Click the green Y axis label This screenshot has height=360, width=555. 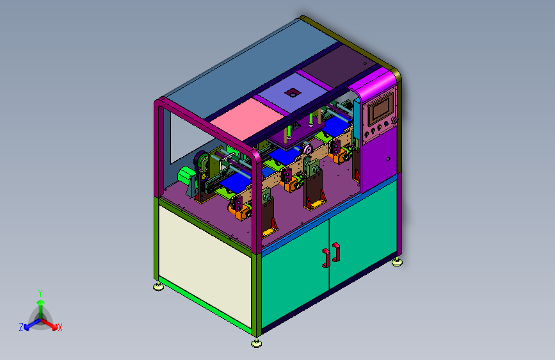(40, 292)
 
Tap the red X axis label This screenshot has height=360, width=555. (60, 327)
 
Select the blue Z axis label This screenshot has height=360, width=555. (21, 327)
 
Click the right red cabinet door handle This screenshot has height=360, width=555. (336, 251)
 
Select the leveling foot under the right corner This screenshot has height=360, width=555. (398, 261)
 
